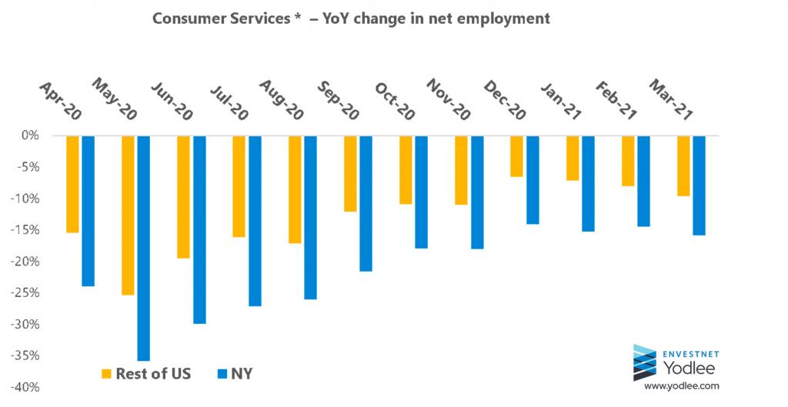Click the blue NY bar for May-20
[143, 248]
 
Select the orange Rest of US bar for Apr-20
[72, 184]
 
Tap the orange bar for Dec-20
[516, 156]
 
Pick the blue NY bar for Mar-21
[699, 185]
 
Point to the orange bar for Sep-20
[350, 174]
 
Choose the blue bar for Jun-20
[199, 229]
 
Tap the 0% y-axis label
[32, 135]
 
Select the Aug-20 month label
[279, 100]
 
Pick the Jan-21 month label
[559, 100]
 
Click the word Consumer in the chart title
[185, 18]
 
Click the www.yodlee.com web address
[681, 385]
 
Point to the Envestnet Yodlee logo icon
[644, 362]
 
